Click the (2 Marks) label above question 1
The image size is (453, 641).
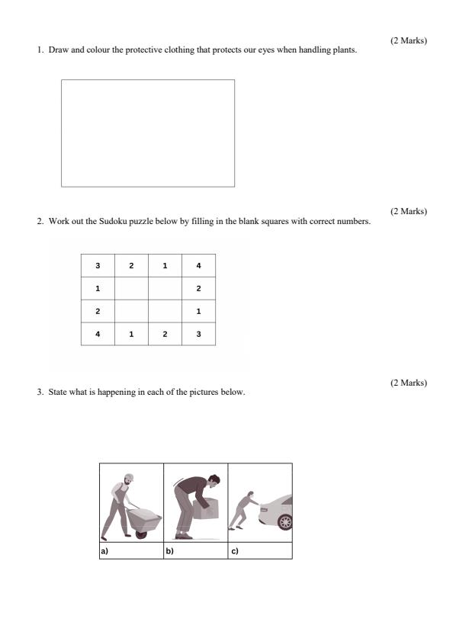coord(408,40)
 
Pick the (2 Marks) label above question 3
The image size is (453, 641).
coord(408,383)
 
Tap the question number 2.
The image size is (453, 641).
coord(40,222)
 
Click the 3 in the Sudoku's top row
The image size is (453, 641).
coord(98,265)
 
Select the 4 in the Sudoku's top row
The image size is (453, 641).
coord(198,265)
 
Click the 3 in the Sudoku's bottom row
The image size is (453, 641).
coord(198,333)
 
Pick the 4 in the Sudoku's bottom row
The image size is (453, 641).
coord(98,333)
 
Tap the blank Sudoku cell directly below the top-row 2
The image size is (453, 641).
coord(131,288)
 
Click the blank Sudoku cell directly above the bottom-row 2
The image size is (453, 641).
coord(165,311)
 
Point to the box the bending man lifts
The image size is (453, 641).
coord(206,508)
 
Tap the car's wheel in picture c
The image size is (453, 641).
coord(285,522)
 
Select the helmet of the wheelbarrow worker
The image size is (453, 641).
coord(129,476)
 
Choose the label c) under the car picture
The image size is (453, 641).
coord(234,550)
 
